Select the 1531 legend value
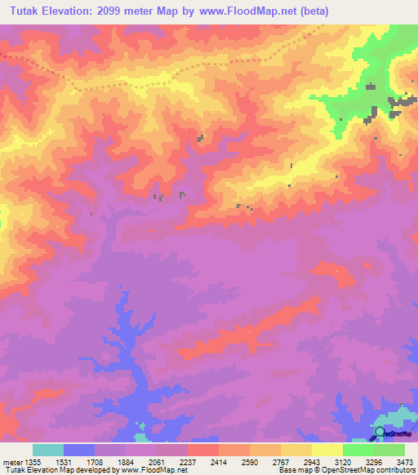63,460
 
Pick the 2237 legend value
187,460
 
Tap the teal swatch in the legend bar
47,450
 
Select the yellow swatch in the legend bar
327,450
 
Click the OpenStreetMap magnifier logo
380,433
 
